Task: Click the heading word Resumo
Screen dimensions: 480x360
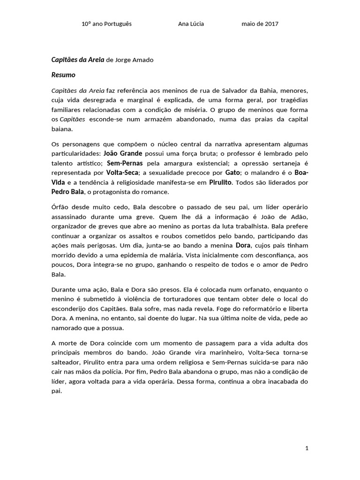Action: pyautogui.click(x=63, y=75)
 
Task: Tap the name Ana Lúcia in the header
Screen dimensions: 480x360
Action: pyautogui.click(x=191, y=24)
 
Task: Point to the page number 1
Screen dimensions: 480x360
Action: pyautogui.click(x=307, y=449)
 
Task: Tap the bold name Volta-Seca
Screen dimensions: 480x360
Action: pyautogui.click(x=124, y=172)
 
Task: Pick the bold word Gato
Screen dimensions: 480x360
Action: pyautogui.click(x=233, y=172)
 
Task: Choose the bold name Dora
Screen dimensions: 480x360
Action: pyautogui.click(x=242, y=245)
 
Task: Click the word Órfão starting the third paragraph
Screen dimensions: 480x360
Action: pyautogui.click(x=60, y=207)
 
